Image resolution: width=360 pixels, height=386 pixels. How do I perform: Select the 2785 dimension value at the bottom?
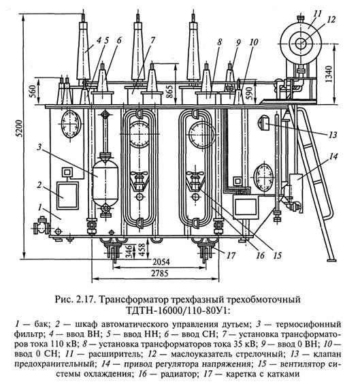tap(160, 273)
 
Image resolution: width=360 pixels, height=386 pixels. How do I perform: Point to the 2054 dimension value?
tap(161, 261)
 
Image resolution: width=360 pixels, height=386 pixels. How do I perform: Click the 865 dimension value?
tap(169, 91)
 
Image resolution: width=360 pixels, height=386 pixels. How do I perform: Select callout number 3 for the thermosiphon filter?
tap(39, 148)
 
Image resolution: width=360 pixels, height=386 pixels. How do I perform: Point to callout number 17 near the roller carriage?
tap(231, 255)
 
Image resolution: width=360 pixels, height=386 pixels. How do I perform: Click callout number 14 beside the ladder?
tap(333, 157)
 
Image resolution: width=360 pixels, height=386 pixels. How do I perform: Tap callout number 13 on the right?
tap(333, 135)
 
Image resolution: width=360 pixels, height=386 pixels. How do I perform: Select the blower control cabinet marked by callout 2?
tap(67, 195)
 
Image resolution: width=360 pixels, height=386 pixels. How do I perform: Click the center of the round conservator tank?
tap(301, 44)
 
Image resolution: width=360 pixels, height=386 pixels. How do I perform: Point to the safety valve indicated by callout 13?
tap(263, 123)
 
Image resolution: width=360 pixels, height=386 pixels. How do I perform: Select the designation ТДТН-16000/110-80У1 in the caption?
tap(178, 310)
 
